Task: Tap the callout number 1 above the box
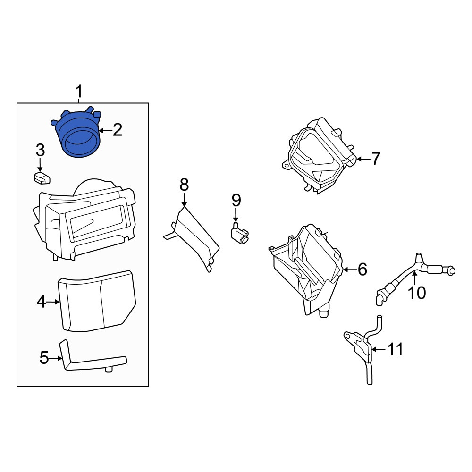click(x=78, y=92)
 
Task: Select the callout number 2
click(x=118, y=130)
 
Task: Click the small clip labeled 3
click(x=42, y=177)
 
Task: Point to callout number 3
click(x=40, y=150)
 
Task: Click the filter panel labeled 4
click(x=97, y=301)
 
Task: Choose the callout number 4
click(x=41, y=302)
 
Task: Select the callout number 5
click(x=44, y=358)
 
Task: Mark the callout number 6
click(x=362, y=269)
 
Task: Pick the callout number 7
click(x=376, y=159)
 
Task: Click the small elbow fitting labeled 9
click(x=240, y=234)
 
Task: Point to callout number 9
click(x=236, y=201)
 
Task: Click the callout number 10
click(x=417, y=293)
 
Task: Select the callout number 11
click(x=395, y=349)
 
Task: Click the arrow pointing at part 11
click(x=378, y=349)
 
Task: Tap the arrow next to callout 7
click(x=363, y=159)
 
